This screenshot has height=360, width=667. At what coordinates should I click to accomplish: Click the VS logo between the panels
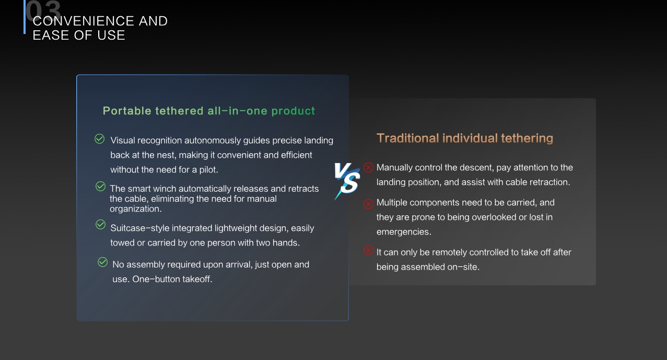(347, 180)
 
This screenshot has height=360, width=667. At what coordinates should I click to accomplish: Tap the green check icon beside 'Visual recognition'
(99, 139)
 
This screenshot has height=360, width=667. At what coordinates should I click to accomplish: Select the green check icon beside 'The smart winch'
(101, 187)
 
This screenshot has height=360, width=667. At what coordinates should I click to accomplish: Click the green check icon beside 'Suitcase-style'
(101, 225)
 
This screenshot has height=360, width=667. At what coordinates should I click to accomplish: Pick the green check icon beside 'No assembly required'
(103, 262)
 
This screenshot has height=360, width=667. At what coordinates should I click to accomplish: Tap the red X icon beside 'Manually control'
(368, 167)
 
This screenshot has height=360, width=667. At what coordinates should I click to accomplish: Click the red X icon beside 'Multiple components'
(368, 204)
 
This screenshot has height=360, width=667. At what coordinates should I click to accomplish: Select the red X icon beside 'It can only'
(368, 250)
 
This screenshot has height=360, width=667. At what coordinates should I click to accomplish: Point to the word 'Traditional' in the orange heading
(407, 138)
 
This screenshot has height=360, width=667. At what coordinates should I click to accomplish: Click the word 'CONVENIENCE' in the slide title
(84, 21)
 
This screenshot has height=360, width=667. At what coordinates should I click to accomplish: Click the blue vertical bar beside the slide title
(25, 17)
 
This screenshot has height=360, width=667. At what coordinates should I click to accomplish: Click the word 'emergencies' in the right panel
(403, 231)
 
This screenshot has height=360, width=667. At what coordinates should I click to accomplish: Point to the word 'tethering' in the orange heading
(526, 138)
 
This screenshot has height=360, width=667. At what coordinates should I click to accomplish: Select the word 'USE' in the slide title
(111, 36)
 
